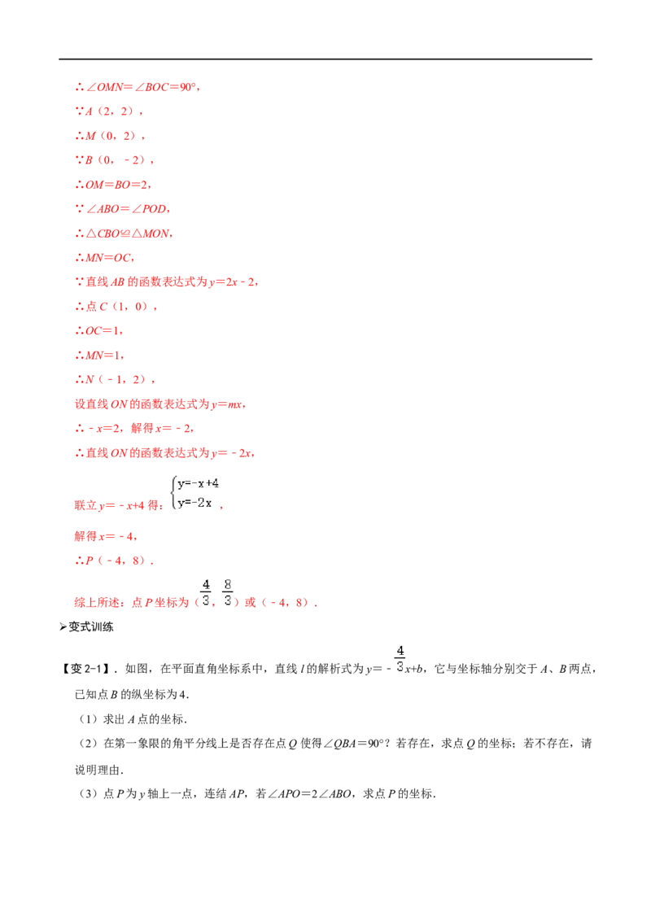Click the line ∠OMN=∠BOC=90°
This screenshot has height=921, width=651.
point(138,87)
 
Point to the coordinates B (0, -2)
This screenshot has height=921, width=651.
point(115,159)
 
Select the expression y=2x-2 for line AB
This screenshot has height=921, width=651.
point(234,282)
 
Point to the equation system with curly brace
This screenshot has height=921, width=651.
point(194,493)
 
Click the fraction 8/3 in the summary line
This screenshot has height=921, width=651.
point(227,592)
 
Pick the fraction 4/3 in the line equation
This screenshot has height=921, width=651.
point(400,658)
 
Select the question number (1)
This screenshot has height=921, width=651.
point(88,719)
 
